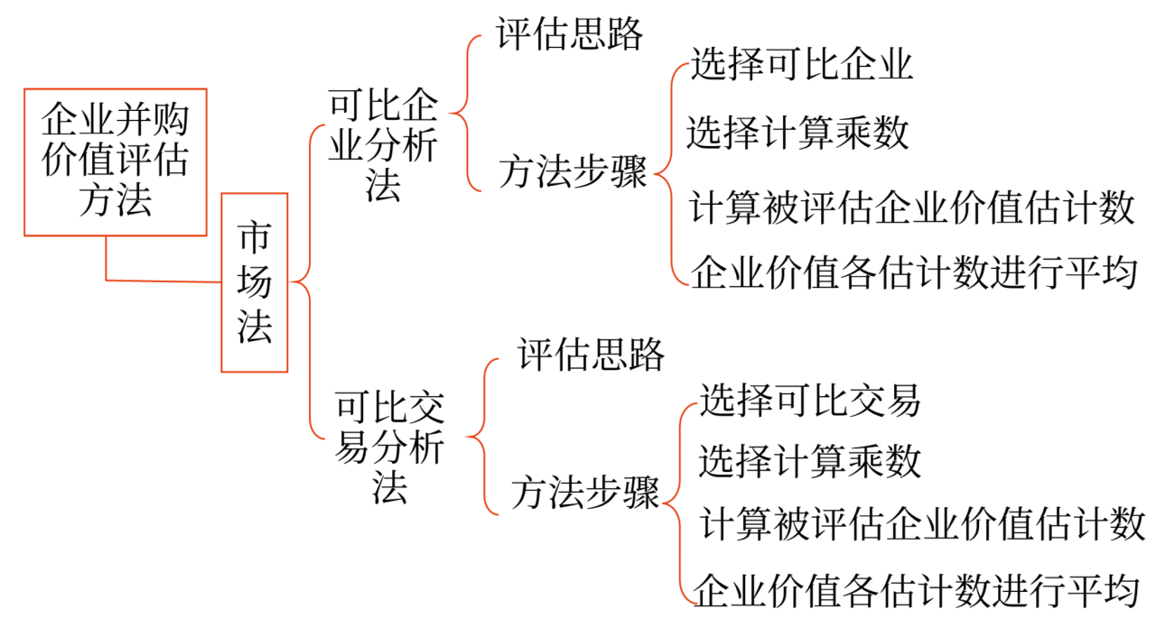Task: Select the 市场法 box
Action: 255,282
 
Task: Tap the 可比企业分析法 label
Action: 383,145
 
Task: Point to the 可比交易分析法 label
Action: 389,446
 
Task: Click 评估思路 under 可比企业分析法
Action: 570,34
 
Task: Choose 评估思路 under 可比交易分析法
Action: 592,355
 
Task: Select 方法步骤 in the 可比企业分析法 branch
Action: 573,172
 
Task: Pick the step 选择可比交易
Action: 810,400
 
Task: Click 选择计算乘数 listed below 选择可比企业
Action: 797,134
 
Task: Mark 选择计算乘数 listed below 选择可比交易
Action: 809,461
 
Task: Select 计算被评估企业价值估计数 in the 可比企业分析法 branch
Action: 911,208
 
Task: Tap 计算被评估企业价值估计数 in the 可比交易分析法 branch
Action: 923,524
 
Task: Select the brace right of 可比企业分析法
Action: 464,114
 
